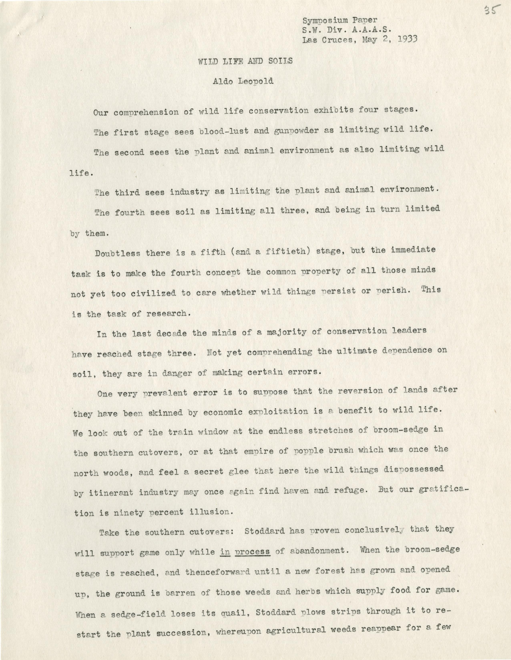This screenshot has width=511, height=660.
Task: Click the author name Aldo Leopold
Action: click(243, 81)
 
